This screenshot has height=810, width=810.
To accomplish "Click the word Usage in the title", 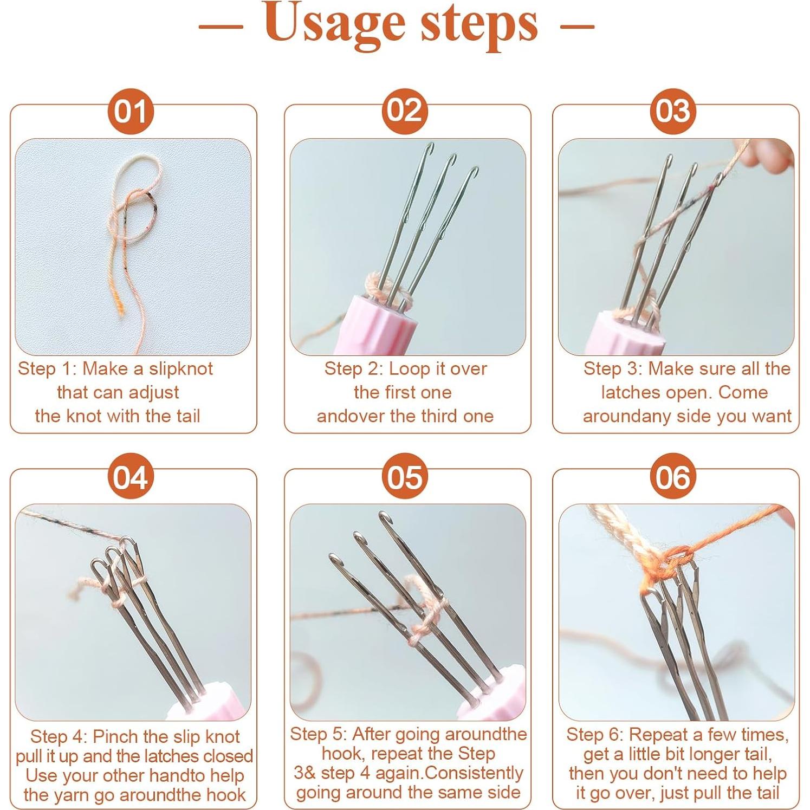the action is coord(335,25).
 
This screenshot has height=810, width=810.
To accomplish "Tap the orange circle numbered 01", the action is coord(130,111).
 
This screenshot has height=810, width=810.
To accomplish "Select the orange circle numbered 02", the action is coord(405,111).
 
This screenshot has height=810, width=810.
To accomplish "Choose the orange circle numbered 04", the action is coord(130,477).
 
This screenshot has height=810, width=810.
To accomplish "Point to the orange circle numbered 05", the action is coord(405,477).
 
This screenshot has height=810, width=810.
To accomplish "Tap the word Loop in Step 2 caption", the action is coord(410,369).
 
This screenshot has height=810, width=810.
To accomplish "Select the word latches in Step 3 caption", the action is coord(630,392).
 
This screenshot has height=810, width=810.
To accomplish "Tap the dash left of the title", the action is coord(221,25).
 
